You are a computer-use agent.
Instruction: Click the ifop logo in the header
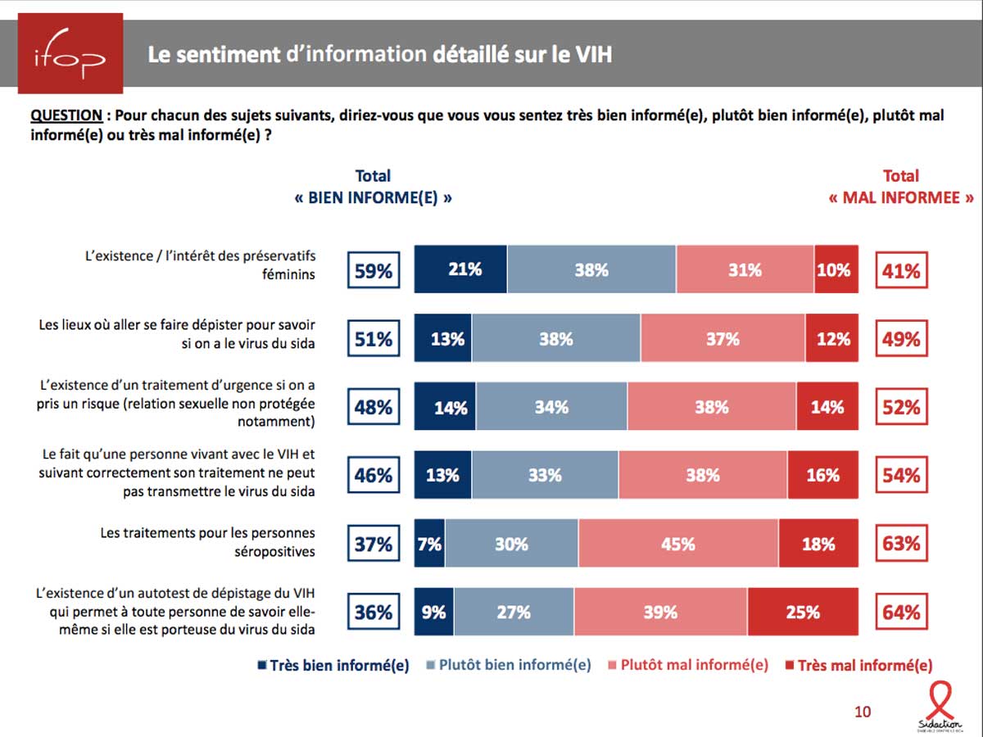point(70,53)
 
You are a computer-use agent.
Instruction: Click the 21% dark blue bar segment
point(460,269)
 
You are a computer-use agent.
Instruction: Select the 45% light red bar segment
point(678,544)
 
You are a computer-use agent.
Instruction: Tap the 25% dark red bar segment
point(803,612)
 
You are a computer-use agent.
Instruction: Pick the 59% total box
point(374,270)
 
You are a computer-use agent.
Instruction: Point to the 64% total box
point(901,612)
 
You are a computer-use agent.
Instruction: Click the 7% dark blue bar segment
point(429,544)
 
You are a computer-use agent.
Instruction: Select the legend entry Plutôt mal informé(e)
point(687,665)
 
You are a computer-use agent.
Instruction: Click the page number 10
point(863,712)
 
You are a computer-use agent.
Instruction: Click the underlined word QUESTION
point(66,115)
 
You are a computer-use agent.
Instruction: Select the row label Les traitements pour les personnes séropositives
point(208,542)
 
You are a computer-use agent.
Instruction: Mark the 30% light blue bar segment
point(511,544)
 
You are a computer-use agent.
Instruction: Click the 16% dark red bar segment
point(822,475)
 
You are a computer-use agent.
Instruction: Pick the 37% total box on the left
point(374,544)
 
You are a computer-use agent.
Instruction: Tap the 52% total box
point(901,407)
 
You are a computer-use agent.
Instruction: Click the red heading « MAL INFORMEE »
point(901,198)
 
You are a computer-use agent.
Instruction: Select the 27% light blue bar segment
point(514,612)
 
